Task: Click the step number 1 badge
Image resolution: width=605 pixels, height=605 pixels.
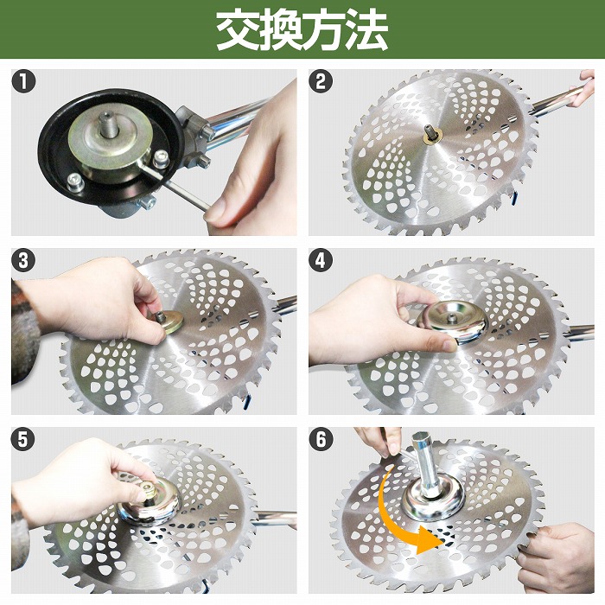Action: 24,83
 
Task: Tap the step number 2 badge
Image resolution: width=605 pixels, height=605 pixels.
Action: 322,83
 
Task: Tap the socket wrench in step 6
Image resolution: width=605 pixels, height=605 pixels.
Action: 429,471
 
